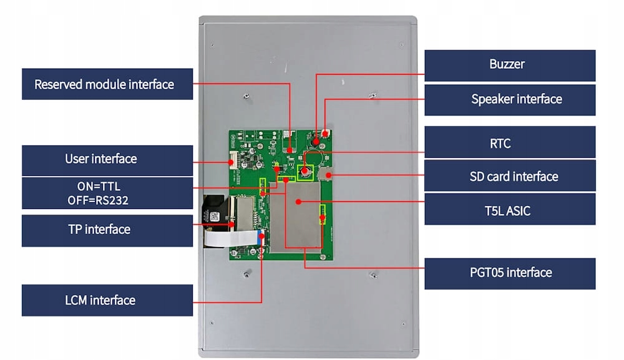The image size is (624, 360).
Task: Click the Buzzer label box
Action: coord(510,66)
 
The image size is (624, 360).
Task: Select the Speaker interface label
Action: coord(510,99)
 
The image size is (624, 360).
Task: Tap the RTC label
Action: coord(510,142)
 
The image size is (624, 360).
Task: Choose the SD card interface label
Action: coord(510,176)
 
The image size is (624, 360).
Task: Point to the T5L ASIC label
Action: coord(510,210)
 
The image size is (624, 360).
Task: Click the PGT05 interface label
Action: coord(510,273)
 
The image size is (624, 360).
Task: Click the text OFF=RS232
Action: coord(98,200)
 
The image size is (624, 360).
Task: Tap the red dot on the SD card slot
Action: coord(329,175)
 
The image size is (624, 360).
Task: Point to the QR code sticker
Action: coord(215,217)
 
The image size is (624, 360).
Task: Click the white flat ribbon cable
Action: coord(231,238)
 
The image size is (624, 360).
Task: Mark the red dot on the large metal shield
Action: coord(298,202)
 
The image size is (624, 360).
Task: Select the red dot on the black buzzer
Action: coord(316,141)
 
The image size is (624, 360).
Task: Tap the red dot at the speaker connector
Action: coord(325,134)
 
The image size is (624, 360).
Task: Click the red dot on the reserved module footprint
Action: coord(290,150)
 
